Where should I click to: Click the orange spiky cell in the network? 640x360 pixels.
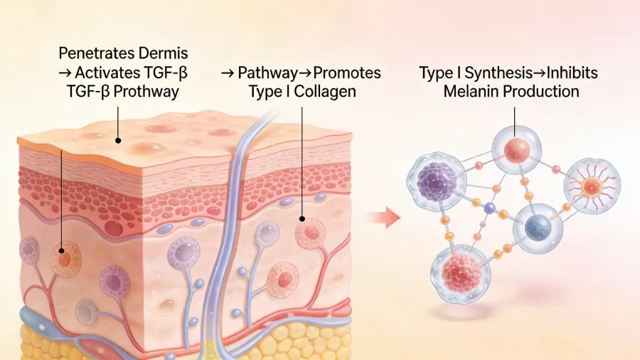pos(591,187)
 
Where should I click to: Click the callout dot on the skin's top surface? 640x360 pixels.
pos(119,141)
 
